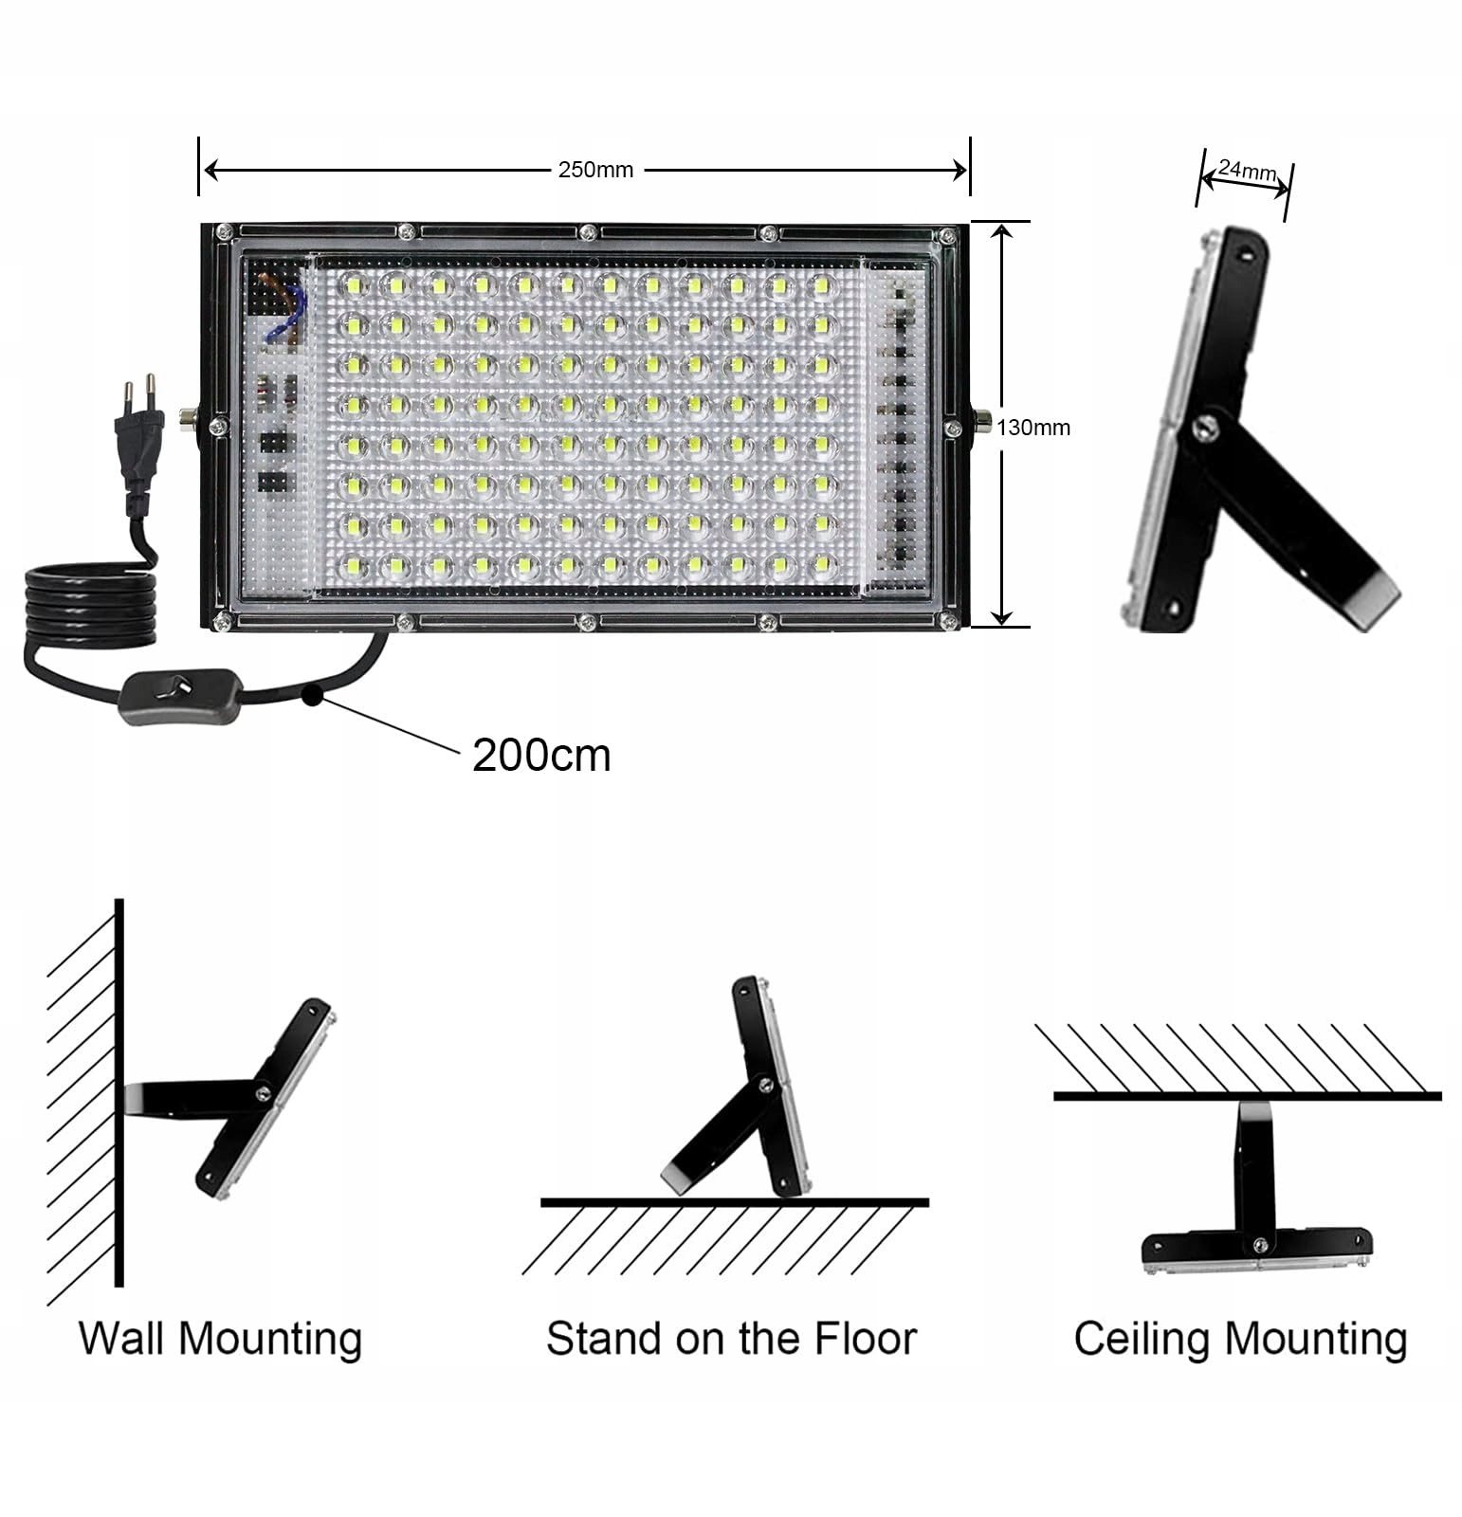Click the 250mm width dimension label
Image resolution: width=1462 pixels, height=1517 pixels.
(x=595, y=171)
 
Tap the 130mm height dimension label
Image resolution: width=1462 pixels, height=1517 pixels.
(x=1033, y=428)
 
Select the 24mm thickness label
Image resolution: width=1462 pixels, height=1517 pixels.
(x=1246, y=171)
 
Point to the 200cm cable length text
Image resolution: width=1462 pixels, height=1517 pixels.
(x=541, y=756)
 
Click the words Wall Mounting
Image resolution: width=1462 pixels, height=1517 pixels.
(x=220, y=1338)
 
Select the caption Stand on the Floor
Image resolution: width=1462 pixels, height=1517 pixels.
(x=731, y=1338)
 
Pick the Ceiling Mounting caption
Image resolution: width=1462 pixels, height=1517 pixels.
(x=1240, y=1338)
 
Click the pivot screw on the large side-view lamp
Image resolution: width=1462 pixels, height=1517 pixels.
(x=1205, y=428)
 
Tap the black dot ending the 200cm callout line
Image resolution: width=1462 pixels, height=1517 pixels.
(x=310, y=699)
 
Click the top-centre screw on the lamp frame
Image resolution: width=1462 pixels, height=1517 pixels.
(x=587, y=231)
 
